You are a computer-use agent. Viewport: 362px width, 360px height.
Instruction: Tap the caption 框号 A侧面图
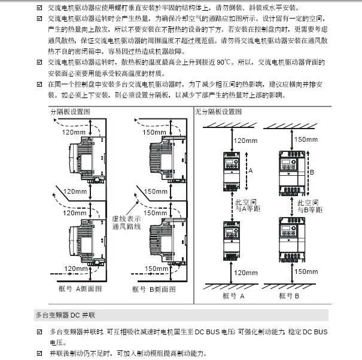point(80,288)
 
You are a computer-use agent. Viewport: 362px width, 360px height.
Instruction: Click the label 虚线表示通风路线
point(126,222)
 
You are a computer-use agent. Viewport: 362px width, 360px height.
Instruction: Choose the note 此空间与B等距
point(311,206)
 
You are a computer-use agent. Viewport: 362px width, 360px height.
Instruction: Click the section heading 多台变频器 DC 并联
point(65,314)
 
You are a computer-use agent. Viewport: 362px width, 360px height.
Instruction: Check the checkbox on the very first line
point(39,8)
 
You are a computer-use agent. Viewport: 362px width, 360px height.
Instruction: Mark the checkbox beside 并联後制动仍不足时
point(39,353)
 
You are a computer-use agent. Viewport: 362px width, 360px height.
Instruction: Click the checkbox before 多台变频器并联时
point(39,331)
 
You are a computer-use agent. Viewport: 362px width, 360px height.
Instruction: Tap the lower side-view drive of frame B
point(160,239)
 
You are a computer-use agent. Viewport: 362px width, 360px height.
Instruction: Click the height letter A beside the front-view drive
point(250,170)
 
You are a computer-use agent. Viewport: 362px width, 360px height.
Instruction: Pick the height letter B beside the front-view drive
point(312,170)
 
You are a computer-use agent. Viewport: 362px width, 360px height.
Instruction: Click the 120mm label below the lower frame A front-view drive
point(246,273)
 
